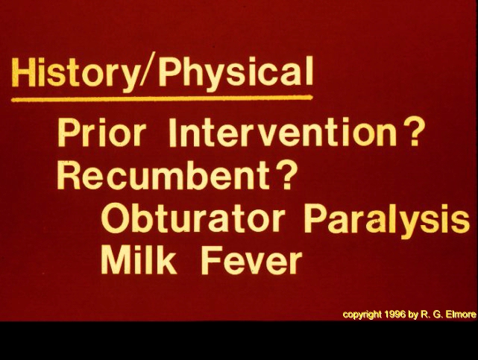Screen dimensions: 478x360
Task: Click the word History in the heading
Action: [x=75, y=73]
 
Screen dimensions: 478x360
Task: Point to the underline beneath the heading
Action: [x=162, y=98]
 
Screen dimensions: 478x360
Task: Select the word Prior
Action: [x=101, y=133]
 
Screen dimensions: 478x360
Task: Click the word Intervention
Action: [x=283, y=133]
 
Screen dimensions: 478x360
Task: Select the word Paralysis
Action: [x=386, y=219]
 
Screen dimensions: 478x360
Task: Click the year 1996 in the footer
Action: [x=395, y=314]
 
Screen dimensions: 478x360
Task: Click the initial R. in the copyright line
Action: [x=424, y=314]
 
